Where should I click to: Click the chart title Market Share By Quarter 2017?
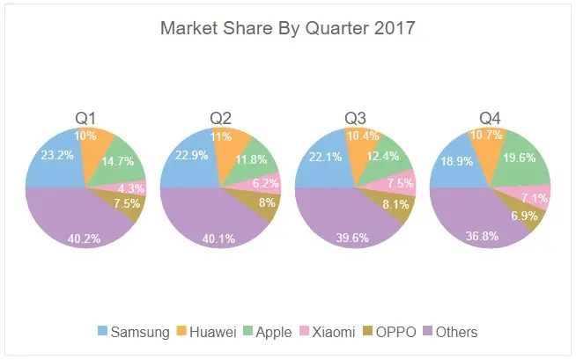tap(287, 28)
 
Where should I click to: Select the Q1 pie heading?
tap(85, 118)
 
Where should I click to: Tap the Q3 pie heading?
tap(356, 118)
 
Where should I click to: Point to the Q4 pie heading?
tap(491, 118)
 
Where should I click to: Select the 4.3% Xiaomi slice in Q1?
tap(132, 187)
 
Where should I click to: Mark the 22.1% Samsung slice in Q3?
tap(323, 158)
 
